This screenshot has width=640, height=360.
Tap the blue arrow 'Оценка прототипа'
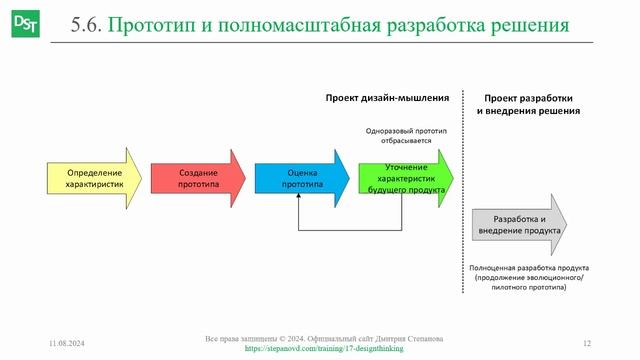(x=301, y=178)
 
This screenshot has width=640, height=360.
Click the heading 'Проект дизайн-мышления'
(x=387, y=98)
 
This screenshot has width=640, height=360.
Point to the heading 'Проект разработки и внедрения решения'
(x=529, y=105)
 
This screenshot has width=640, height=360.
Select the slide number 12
(x=587, y=344)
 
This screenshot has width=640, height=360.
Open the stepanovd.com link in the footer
(x=319, y=351)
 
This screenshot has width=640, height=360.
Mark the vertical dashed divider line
(x=463, y=200)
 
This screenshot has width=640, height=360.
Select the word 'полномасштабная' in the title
(x=303, y=25)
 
